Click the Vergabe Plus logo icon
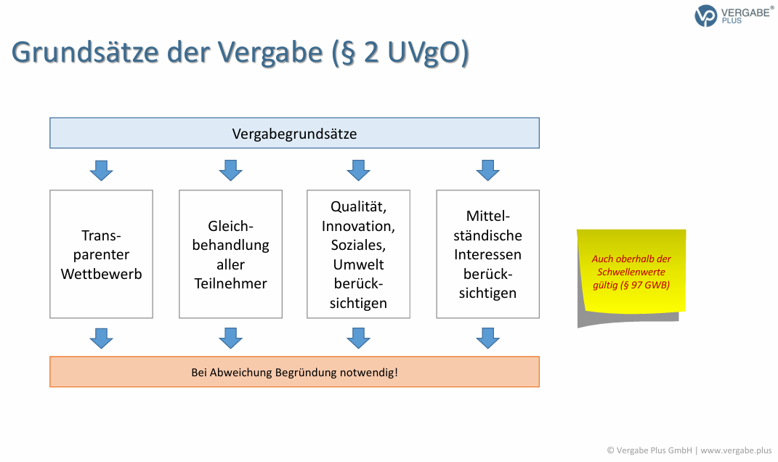pyautogui.click(x=705, y=15)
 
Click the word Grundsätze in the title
pyautogui.click(x=89, y=53)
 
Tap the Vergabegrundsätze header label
pyautogui.click(x=294, y=134)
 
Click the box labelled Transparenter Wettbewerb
pyautogui.click(x=101, y=254)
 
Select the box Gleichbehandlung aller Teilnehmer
pyautogui.click(x=230, y=254)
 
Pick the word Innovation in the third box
pyautogui.click(x=358, y=226)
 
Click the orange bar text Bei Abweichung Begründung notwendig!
pyautogui.click(x=294, y=373)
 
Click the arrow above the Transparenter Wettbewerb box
pyautogui.click(x=101, y=171)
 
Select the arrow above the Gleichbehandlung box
pyautogui.click(x=230, y=171)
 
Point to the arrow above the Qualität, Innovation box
pyautogui.click(x=358, y=171)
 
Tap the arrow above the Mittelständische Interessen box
pyautogui.click(x=487, y=171)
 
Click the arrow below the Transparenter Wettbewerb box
pyautogui.click(x=101, y=338)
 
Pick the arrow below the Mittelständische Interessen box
pyautogui.click(x=487, y=338)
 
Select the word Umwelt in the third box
pyautogui.click(x=358, y=264)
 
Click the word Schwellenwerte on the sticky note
pyautogui.click(x=631, y=272)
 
